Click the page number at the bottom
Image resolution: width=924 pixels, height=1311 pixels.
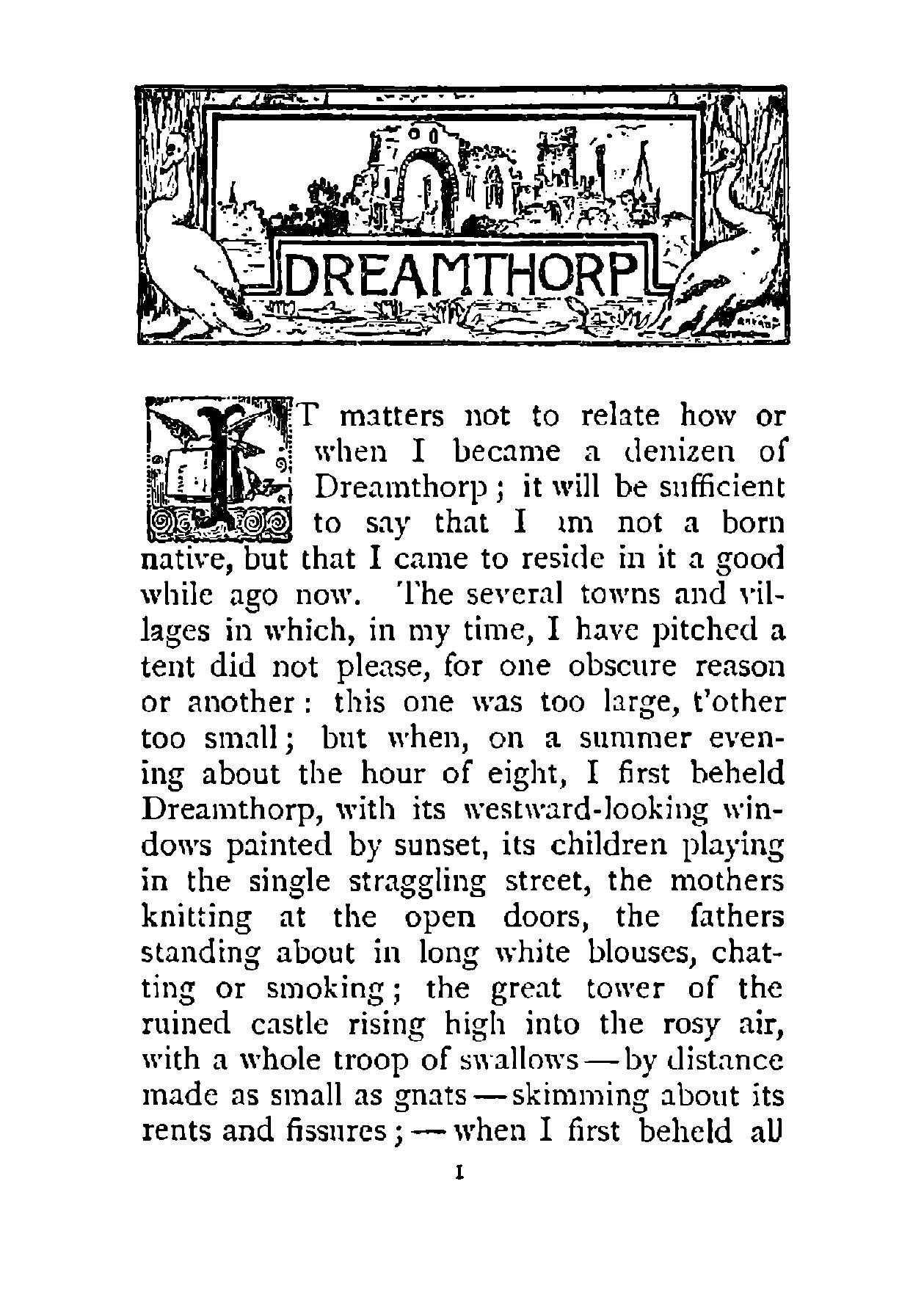461,1174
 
